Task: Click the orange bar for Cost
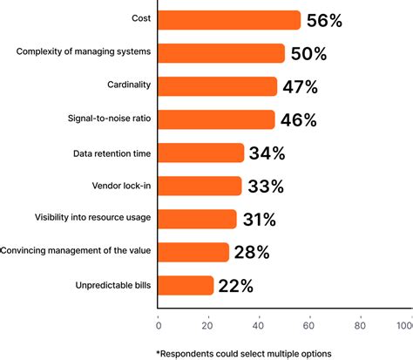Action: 229,20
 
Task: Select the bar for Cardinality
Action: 217,86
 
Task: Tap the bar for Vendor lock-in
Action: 200,186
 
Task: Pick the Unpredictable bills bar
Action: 186,285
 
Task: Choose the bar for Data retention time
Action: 201,153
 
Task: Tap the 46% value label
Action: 298,120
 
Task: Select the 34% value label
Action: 267,153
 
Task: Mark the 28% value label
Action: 251,253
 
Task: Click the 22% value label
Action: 236,286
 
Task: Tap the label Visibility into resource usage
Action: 92,217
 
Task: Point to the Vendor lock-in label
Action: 122,184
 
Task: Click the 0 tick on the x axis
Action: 158,327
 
